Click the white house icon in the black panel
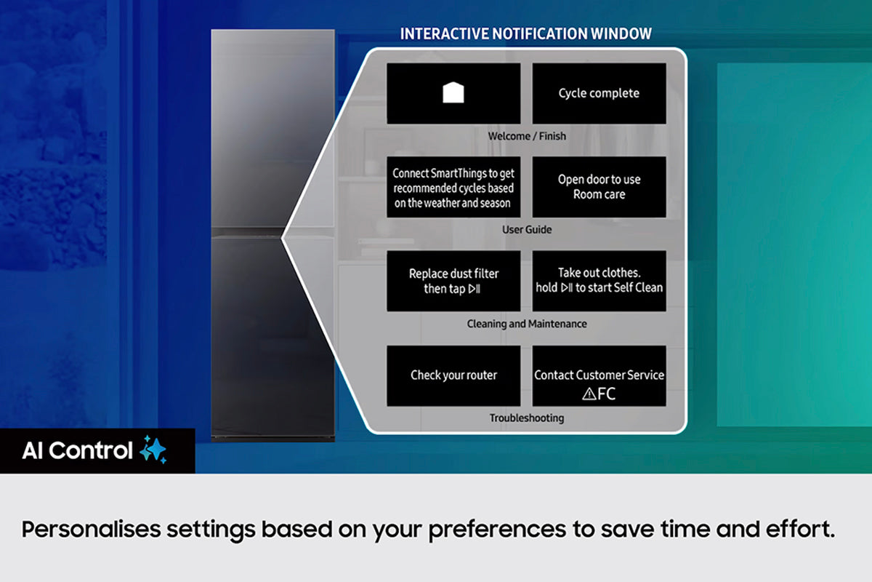coord(453,93)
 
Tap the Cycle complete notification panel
coord(599,94)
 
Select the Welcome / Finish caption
coord(527,136)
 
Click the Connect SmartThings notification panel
coord(453,187)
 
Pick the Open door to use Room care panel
coord(599,187)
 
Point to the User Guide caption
coord(527,230)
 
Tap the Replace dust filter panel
coord(453,281)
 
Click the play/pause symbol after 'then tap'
coord(475,289)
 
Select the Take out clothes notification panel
coord(599,281)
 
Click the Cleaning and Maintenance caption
coord(527,324)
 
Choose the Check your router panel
coord(453,376)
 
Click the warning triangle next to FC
coord(589,394)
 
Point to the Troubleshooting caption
coord(527,418)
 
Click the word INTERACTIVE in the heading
coord(445,34)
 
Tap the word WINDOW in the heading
coord(621,34)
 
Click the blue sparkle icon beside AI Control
coord(153,450)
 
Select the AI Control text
coord(77,450)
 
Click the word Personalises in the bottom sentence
coord(91,530)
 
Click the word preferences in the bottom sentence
coord(497,530)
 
